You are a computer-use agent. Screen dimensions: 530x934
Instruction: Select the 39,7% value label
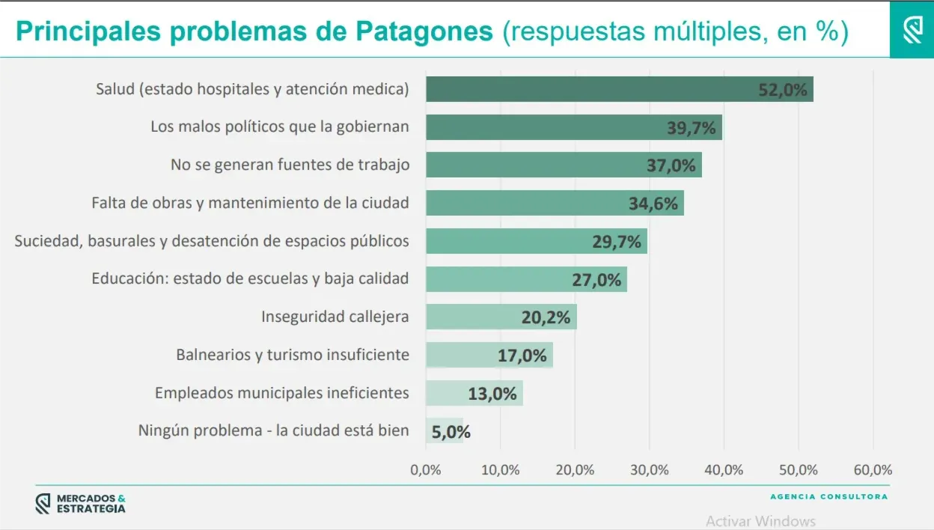[692, 127]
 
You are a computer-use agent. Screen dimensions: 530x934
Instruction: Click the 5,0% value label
[451, 431]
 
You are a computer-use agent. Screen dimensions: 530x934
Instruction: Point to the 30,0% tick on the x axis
[649, 470]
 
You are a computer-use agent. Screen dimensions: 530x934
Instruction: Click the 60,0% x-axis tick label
[873, 470]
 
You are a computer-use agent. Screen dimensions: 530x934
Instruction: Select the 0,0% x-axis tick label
[426, 470]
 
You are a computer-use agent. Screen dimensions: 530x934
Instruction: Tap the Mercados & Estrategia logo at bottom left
[81, 504]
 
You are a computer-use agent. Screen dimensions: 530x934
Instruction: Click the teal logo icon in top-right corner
[912, 30]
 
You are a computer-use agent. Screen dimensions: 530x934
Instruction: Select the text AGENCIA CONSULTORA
[828, 496]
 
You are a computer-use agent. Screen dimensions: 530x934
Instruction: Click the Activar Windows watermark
[760, 521]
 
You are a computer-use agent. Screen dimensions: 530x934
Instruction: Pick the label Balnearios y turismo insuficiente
[293, 354]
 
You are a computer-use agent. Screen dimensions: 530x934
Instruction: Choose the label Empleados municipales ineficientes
[282, 392]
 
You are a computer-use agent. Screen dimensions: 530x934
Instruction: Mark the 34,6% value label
[653, 203]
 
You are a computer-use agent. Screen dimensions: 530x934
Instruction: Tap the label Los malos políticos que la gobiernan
[280, 127]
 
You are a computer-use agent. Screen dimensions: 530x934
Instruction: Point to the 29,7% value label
[617, 241]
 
